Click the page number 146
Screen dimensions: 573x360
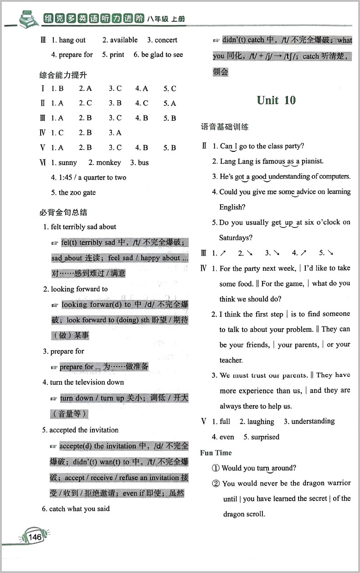[x=35, y=537]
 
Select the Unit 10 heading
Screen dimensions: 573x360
[x=276, y=100]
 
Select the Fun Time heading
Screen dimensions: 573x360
[x=216, y=453]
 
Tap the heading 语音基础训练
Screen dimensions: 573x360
[x=225, y=127]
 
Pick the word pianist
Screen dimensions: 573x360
[x=312, y=161]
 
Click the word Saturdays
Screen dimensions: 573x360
[x=235, y=238]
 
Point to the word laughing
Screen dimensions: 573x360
[x=260, y=422]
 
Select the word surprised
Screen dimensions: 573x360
[x=265, y=437]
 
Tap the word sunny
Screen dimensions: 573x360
[x=68, y=163]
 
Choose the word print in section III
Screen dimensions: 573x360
[x=117, y=55]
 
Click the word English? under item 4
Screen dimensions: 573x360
[x=232, y=207]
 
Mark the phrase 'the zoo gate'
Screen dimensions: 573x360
[x=77, y=192]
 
